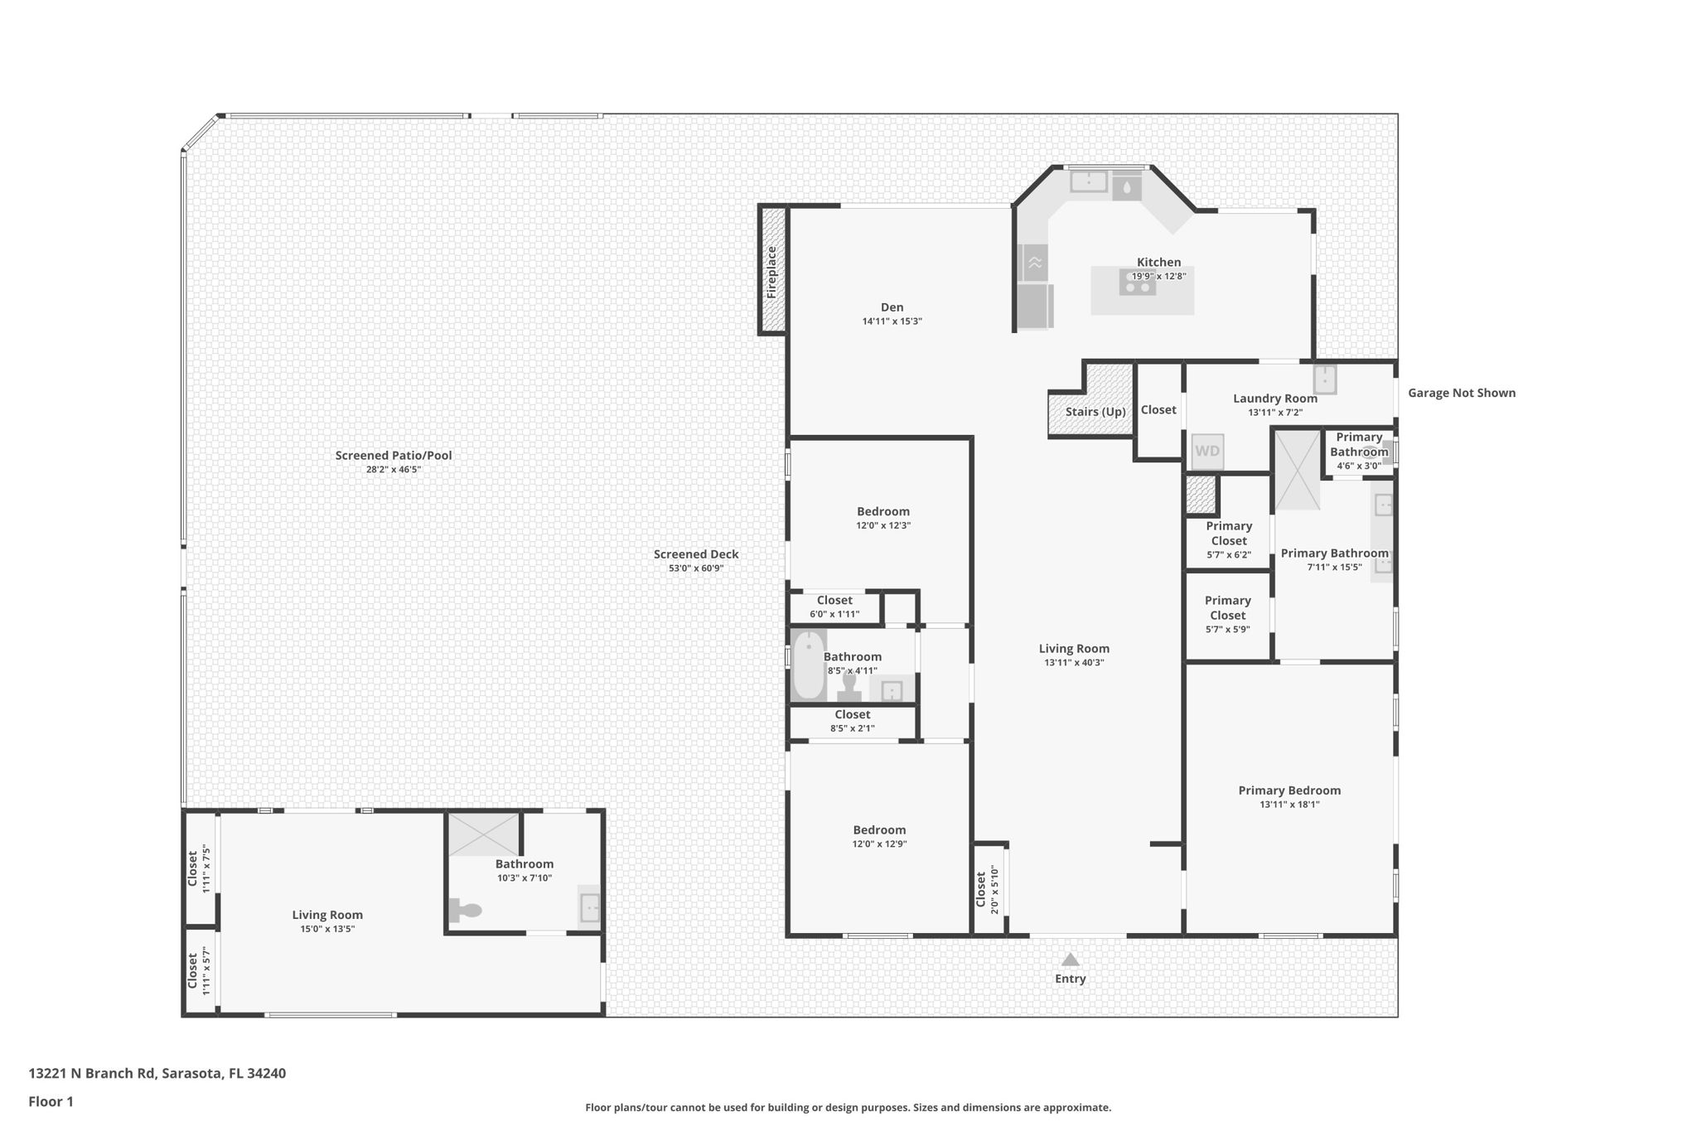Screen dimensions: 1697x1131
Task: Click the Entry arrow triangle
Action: tap(1071, 959)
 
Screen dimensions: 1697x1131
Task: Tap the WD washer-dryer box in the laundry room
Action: tap(1207, 452)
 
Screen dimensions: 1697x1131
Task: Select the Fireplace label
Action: tap(771, 272)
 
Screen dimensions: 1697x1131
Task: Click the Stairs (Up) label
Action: tap(1095, 412)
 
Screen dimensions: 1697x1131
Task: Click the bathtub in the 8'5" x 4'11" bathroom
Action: tap(808, 665)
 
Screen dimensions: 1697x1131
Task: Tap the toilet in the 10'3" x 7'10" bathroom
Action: tap(465, 911)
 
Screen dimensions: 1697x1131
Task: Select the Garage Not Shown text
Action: tap(1462, 393)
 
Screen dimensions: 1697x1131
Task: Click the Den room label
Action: tap(892, 307)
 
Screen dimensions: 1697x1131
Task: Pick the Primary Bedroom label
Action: tap(1289, 790)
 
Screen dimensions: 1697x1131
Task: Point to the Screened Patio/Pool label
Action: tap(394, 455)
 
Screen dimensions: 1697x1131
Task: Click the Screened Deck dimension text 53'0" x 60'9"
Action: tap(696, 568)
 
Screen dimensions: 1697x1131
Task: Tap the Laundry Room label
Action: tap(1275, 399)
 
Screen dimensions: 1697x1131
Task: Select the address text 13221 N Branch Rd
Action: tap(91, 1073)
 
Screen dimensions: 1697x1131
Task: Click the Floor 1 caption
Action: tap(51, 1101)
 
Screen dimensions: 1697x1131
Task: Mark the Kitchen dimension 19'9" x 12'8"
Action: tap(1158, 277)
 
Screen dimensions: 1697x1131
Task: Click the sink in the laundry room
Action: tap(1324, 379)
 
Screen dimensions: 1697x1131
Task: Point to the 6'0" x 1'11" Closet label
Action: tap(834, 601)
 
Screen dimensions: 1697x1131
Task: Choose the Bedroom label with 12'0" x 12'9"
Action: tap(879, 829)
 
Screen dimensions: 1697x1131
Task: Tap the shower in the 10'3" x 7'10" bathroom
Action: tap(484, 834)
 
